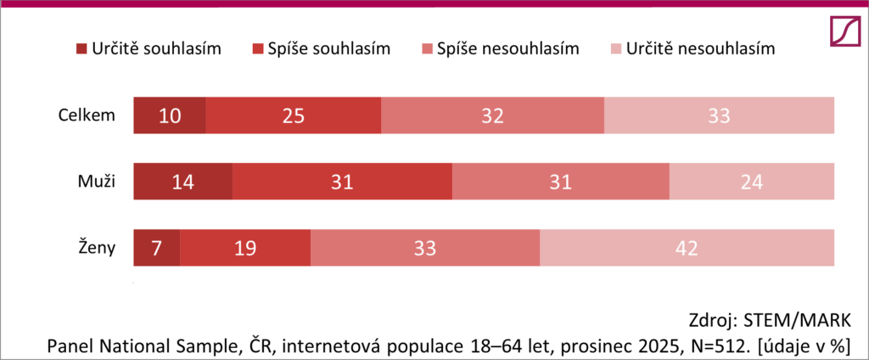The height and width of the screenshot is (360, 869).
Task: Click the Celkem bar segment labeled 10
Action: pyautogui.click(x=170, y=115)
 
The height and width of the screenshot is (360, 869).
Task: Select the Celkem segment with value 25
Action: pyautogui.click(x=294, y=115)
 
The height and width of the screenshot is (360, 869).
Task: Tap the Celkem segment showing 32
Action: pyautogui.click(x=492, y=115)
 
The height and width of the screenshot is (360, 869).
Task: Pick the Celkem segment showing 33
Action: pyautogui.click(x=719, y=115)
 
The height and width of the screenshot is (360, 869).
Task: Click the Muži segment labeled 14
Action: pyautogui.click(x=183, y=182)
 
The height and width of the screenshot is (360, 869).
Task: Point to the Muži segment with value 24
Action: pyautogui.click(x=752, y=182)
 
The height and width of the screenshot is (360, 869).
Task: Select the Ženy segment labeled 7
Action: pyautogui.click(x=157, y=248)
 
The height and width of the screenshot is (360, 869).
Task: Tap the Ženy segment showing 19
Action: pyautogui.click(x=245, y=248)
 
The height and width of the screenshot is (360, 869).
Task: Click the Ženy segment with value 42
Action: pyautogui.click(x=687, y=248)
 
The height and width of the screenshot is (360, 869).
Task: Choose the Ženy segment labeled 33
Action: pyautogui.click(x=425, y=248)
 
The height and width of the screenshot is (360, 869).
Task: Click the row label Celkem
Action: pyautogui.click(x=87, y=115)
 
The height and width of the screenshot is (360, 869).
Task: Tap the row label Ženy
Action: pyautogui.click(x=98, y=247)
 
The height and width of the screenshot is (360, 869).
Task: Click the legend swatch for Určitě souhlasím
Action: pyautogui.click(x=81, y=49)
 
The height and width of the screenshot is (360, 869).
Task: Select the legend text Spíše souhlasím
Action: pyautogui.click(x=329, y=48)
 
